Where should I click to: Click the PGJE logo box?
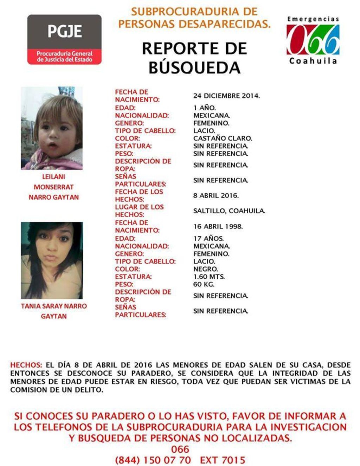pyautogui.click(x=64, y=39)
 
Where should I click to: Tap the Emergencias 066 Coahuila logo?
pyautogui.click(x=313, y=40)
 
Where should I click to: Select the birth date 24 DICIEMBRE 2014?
pyautogui.click(x=226, y=96)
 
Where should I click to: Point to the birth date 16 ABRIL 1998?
pyautogui.click(x=218, y=226)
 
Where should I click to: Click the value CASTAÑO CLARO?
pyautogui.click(x=223, y=138)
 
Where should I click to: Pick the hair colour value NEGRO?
pyautogui.click(x=206, y=269)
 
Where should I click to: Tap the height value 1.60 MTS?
pyautogui.click(x=209, y=277)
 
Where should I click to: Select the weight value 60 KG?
pyautogui.click(x=204, y=284)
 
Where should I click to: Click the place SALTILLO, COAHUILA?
pyautogui.click(x=229, y=211)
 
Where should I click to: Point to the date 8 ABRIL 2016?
pyautogui.click(x=216, y=195)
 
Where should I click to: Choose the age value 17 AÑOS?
pyautogui.click(x=208, y=239)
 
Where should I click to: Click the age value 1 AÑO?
pyautogui.click(x=204, y=108)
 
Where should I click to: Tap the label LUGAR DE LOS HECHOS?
pyautogui.click(x=139, y=211)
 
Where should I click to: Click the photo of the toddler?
pyautogui.click(x=52, y=128)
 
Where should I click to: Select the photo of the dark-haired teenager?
pyautogui.click(x=52, y=260)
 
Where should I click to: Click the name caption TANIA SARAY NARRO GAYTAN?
pyautogui.click(x=53, y=311)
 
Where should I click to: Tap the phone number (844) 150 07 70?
pyautogui.click(x=153, y=460)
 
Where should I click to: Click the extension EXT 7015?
pyautogui.click(x=223, y=460)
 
